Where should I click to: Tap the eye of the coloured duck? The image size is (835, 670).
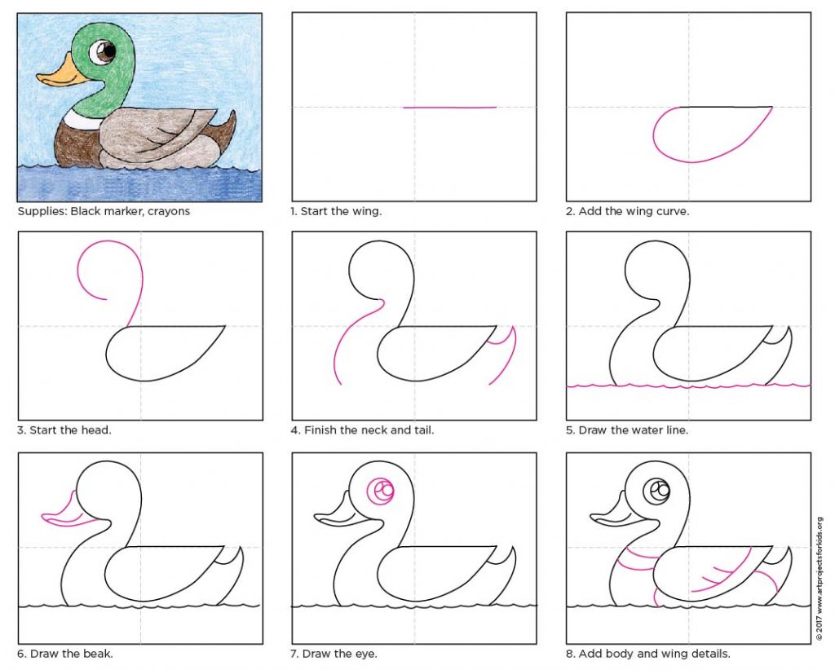click(x=103, y=53)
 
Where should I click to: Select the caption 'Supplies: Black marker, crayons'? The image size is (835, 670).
click(x=104, y=211)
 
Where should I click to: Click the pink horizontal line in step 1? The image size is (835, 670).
click(x=449, y=107)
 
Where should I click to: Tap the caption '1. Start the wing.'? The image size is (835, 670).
click(x=336, y=211)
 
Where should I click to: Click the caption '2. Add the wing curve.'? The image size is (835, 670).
click(x=628, y=211)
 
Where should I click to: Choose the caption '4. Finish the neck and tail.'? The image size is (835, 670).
click(x=362, y=430)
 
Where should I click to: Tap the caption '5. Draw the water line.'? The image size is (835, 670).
click(x=627, y=430)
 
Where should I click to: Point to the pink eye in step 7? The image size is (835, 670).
click(x=380, y=491)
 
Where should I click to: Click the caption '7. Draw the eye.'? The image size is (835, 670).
click(x=334, y=653)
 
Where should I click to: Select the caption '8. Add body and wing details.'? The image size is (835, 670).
click(x=648, y=653)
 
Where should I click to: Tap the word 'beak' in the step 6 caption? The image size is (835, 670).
click(x=99, y=653)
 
